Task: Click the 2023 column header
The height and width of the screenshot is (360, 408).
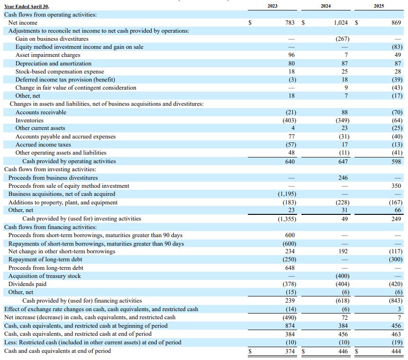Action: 272,6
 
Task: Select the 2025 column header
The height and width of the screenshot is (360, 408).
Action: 379,6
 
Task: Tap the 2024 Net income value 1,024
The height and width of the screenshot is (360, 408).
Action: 341,23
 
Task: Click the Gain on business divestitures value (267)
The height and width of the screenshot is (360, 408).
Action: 343,39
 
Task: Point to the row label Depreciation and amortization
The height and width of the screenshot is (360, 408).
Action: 54,63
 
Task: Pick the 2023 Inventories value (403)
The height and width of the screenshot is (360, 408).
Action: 290,120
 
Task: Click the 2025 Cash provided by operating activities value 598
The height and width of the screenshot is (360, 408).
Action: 396,162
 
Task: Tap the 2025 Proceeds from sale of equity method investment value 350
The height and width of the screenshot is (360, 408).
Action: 396,186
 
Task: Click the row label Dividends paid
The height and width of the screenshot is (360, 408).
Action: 27,284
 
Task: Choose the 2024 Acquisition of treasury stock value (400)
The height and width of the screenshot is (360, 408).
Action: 343,276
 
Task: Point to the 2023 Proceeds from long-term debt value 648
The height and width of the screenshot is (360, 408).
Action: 290,268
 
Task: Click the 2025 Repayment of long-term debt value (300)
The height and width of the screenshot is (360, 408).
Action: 396,259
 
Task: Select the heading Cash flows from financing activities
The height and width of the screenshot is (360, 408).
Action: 51,227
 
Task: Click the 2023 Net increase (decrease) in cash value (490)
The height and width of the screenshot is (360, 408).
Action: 290,317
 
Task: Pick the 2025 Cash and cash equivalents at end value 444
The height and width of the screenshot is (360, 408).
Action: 396,351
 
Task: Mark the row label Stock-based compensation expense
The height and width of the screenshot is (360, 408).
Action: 60,71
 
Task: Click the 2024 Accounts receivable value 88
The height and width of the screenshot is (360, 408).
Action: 345,112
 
